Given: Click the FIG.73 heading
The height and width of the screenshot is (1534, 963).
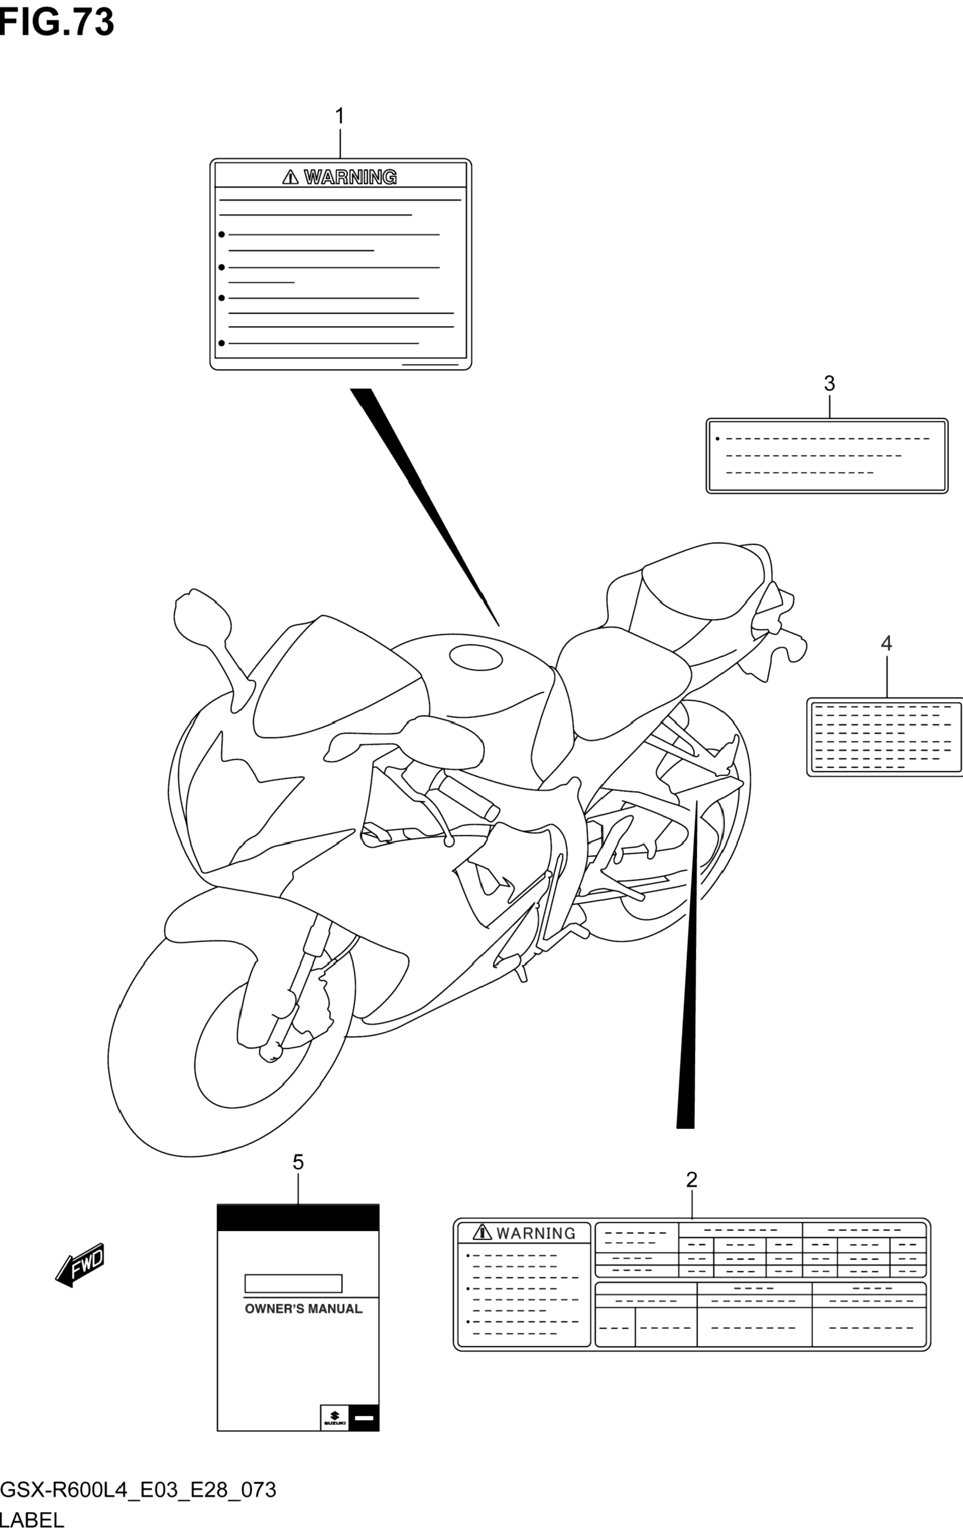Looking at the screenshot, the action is pos(57,23).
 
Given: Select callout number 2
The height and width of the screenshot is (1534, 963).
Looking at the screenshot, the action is pos(692,1180).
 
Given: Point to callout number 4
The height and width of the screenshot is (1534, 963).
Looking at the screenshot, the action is pos(886,643).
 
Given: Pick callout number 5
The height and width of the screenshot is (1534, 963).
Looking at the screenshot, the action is pos(298,1163).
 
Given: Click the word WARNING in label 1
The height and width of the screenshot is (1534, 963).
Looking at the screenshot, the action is pos(350,177).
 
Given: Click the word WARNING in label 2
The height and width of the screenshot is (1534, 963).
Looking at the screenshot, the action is pos(536,1234).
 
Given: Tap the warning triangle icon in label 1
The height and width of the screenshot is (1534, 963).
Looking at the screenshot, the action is pos(290,177).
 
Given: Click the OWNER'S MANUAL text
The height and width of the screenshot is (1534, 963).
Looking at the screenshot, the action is pos(304,1309).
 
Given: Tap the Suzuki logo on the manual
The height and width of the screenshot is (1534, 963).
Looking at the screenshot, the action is pos(334,1418).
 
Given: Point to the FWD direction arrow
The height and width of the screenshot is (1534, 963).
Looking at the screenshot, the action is pos(80,1264).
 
